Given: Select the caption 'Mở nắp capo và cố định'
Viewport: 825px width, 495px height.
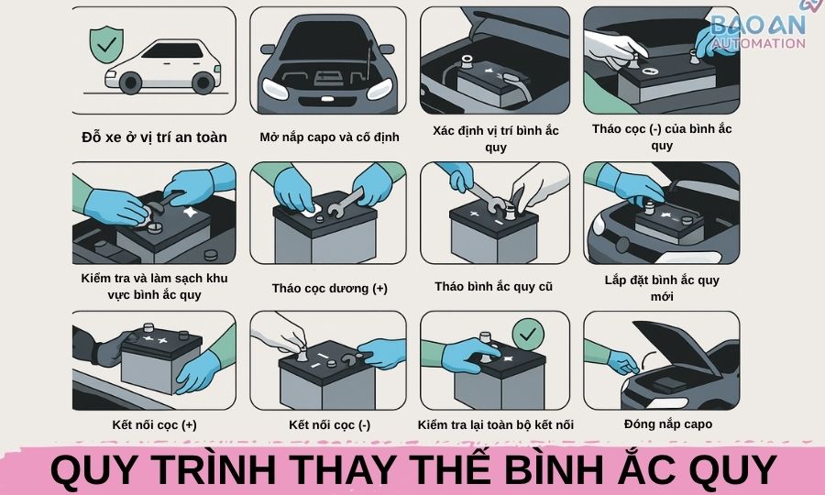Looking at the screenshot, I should click(x=329, y=137).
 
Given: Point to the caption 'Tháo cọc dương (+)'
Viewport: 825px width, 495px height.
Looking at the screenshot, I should click(x=329, y=288).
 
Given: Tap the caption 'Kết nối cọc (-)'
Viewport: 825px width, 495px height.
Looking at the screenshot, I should click(x=329, y=424).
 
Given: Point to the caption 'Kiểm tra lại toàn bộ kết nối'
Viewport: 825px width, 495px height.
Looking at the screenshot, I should click(x=495, y=424).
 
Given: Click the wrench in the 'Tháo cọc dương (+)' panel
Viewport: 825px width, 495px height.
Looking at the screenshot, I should click(x=346, y=197).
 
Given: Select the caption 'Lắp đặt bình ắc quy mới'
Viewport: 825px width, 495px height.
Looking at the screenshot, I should click(x=662, y=287).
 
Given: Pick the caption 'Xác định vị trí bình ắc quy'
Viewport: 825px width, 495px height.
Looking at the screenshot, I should click(x=495, y=137).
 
